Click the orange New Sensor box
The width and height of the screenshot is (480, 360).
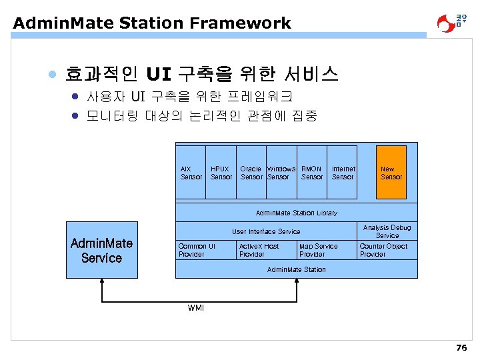[x=391, y=173]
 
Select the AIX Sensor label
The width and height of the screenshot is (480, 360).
[x=191, y=173]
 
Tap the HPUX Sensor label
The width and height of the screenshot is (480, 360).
[x=221, y=173]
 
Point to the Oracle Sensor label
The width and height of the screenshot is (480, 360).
[x=251, y=173]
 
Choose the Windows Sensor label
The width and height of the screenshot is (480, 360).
[x=280, y=173]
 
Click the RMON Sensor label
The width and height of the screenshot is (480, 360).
[x=311, y=173]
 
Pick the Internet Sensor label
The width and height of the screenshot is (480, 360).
[x=343, y=173]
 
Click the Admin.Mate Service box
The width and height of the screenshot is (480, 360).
[x=101, y=250]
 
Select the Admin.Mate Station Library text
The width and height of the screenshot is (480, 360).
[x=297, y=213]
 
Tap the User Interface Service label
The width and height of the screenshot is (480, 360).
[x=266, y=231]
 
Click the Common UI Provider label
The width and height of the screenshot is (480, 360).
[x=197, y=250]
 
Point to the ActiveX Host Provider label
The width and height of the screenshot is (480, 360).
[x=259, y=250]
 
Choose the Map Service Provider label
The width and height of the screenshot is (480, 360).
[x=318, y=250]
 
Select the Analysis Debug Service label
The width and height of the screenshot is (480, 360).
[x=387, y=231]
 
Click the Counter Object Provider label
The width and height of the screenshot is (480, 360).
[x=383, y=250]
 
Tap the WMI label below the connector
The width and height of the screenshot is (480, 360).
[x=196, y=307]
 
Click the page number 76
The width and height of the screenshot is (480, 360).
[x=461, y=348]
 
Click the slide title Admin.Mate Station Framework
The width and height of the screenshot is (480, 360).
[x=152, y=23]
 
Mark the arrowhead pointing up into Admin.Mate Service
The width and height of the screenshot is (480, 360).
[x=101, y=282]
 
